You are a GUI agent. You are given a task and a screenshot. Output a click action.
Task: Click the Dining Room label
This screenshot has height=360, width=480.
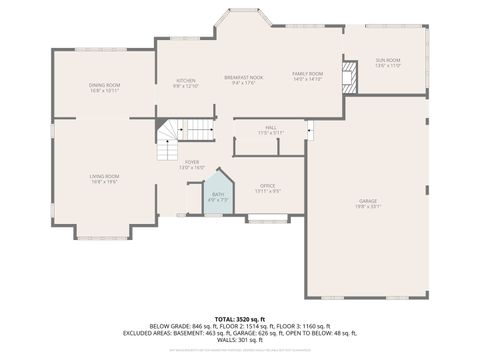click(104, 84)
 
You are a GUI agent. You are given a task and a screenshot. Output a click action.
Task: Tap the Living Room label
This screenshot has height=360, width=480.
click(104, 176)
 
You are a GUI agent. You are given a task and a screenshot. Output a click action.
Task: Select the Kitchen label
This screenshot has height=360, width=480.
click(187, 80)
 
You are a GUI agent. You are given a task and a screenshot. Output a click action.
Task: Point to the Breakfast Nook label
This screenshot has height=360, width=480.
click(243, 76)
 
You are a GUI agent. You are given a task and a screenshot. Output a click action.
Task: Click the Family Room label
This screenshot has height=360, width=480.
click(307, 74)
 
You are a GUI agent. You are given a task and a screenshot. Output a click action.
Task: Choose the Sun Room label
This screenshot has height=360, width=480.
click(387, 60)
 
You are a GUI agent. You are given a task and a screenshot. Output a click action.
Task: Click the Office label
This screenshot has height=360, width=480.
click(267, 185)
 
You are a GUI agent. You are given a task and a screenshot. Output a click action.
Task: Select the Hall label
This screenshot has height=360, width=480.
click(270, 127)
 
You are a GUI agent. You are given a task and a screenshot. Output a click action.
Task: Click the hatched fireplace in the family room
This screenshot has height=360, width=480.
click(348, 77)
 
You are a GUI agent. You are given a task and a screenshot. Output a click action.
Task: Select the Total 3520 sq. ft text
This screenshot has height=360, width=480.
click(240, 318)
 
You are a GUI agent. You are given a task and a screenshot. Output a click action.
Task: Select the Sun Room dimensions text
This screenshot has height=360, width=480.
click(387, 66)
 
